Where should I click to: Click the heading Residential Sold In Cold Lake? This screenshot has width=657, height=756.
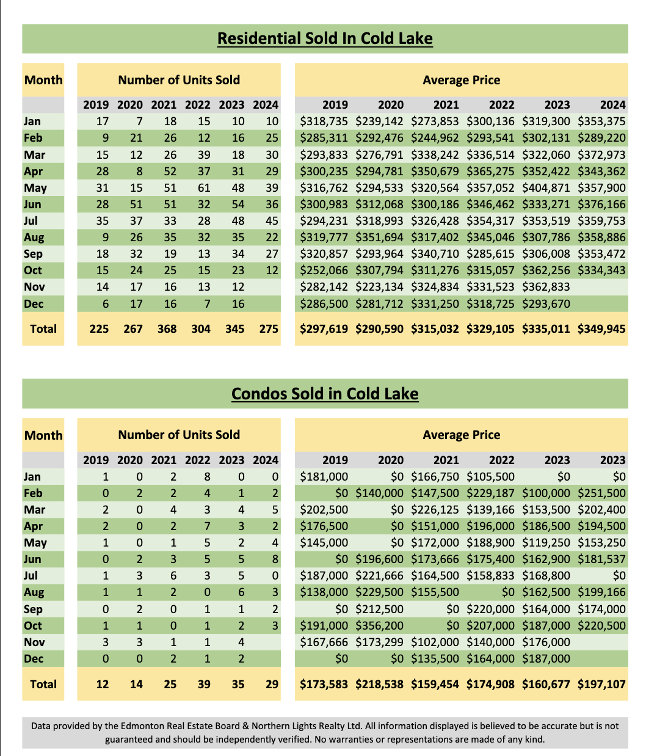(325, 38)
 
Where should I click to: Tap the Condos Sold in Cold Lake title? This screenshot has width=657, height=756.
(325, 393)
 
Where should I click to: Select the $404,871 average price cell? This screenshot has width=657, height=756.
(545, 187)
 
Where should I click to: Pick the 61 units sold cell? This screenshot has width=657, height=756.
(204, 187)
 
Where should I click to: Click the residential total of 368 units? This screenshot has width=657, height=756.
(167, 329)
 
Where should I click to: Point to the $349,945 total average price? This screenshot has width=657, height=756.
(601, 329)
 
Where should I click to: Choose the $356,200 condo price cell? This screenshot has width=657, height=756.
(379, 625)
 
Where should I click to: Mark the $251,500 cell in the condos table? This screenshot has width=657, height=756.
(601, 493)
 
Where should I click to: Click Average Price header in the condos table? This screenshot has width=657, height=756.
(461, 435)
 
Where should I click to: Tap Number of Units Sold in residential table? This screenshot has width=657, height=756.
(179, 80)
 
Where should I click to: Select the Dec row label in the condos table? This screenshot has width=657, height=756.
(33, 658)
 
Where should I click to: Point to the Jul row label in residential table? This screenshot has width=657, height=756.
(31, 220)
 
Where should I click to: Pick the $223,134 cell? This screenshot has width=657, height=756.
(379, 287)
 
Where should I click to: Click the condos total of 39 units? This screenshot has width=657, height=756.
(204, 684)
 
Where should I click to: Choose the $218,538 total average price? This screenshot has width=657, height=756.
(379, 684)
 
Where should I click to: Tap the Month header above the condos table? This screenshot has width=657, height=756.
(43, 435)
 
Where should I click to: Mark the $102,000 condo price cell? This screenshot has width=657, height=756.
(435, 642)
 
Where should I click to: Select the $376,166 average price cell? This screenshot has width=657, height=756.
(601, 205)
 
